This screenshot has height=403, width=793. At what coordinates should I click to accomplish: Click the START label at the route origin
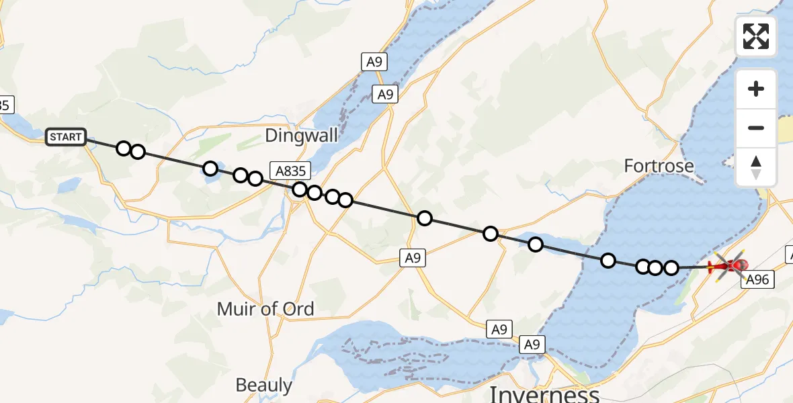(66, 137)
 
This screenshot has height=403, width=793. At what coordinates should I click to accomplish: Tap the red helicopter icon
(728, 266)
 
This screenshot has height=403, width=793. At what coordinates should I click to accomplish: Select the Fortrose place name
(659, 165)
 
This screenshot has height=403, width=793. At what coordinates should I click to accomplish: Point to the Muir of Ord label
(265, 309)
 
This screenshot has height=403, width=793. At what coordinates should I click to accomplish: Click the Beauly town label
(263, 385)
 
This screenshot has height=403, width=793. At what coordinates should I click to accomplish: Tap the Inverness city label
(544, 394)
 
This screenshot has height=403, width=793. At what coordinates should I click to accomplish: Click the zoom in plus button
(756, 89)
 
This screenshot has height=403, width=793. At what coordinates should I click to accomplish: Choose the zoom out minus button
(756, 128)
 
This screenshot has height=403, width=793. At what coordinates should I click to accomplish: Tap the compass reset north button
(756, 167)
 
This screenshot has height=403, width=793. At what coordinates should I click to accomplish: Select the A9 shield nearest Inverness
(532, 345)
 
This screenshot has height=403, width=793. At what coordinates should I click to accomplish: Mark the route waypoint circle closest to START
(124, 148)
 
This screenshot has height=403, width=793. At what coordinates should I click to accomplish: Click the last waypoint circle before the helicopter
(671, 268)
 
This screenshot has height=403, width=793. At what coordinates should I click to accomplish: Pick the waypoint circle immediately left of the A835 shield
(255, 179)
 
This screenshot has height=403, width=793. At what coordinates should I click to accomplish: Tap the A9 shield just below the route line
(413, 257)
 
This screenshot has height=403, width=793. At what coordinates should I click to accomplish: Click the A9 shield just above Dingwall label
(384, 95)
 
